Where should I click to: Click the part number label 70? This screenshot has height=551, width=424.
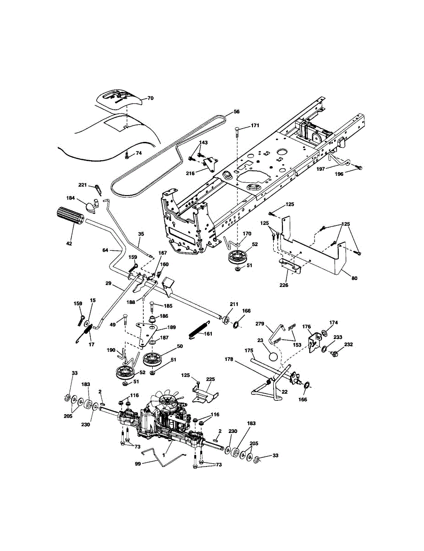(150, 98)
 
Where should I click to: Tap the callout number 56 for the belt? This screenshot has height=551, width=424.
(237, 112)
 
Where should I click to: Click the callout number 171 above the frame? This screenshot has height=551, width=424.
(255, 125)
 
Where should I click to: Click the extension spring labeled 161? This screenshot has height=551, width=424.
(200, 329)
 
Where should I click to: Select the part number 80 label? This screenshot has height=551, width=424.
(354, 278)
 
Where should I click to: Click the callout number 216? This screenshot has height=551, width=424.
(190, 174)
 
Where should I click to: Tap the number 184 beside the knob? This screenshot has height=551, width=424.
(71, 198)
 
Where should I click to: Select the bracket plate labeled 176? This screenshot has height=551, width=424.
(315, 342)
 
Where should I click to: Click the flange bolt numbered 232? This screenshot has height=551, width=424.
(334, 353)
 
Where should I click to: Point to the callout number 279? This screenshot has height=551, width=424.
(260, 324)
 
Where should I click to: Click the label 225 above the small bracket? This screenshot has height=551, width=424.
(210, 379)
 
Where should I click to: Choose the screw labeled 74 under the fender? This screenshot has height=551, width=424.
(127, 156)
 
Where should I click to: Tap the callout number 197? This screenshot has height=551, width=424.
(321, 169)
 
